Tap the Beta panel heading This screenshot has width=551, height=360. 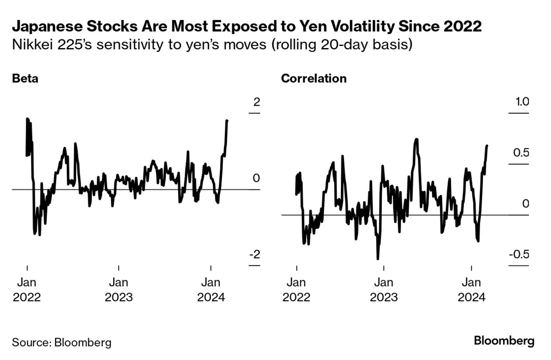25,79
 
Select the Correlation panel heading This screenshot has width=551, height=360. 314,79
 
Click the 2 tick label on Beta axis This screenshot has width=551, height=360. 257,102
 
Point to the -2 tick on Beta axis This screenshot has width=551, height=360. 255,255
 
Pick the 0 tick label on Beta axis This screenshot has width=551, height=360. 257,178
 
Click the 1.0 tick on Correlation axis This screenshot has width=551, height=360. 519,102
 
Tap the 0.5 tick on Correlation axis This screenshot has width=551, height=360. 519,153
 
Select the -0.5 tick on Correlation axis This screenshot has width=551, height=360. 518,255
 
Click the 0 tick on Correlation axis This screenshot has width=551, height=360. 525,204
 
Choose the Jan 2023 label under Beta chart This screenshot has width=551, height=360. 119,290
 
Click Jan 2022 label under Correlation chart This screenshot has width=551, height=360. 296,290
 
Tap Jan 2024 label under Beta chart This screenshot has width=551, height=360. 211,290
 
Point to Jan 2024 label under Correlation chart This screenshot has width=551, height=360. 471,290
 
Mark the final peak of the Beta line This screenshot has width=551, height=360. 227,121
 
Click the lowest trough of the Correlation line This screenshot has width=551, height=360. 377,258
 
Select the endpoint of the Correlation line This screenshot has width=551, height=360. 487,146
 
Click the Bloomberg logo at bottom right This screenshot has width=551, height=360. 504,342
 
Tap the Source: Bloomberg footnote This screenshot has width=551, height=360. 62,342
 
